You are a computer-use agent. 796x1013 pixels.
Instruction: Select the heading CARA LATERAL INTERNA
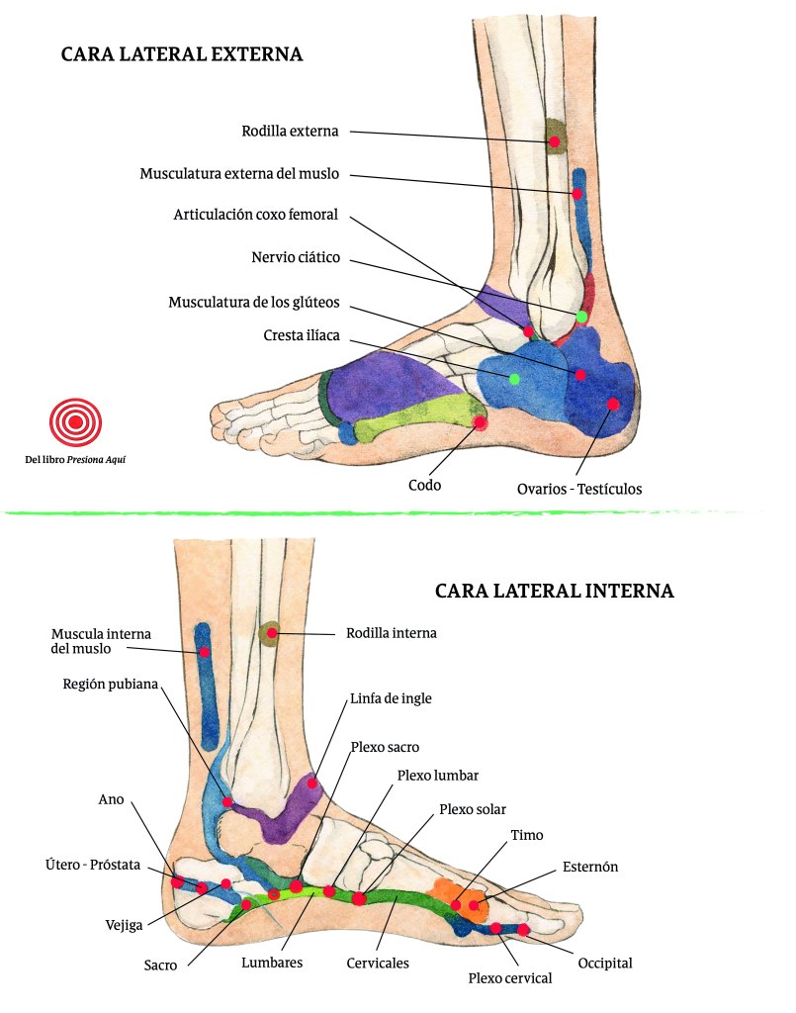coord(554,591)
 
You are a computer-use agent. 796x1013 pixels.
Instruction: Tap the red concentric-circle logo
coord(75,421)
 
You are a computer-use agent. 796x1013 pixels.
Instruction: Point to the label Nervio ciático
coord(296,257)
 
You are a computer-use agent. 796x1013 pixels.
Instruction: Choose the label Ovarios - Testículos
coord(579,489)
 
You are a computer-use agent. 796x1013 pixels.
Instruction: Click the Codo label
coord(424,485)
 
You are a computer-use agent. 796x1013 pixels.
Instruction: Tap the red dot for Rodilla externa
coord(555,142)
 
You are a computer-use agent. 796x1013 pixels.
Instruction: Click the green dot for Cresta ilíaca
coord(514,379)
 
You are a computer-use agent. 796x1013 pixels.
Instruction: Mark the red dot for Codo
coord(480,422)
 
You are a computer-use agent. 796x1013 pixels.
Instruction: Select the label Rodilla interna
coord(391,632)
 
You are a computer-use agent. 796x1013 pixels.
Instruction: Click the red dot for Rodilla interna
coord(272,632)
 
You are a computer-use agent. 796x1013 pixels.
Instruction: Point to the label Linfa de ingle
coord(391,697)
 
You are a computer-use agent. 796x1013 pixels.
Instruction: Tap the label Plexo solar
coord(472,809)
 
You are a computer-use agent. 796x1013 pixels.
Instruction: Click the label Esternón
coord(589,867)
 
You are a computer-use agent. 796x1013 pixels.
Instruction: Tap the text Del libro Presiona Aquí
coord(75,459)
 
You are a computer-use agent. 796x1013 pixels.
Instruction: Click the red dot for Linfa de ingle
coord(312,783)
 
